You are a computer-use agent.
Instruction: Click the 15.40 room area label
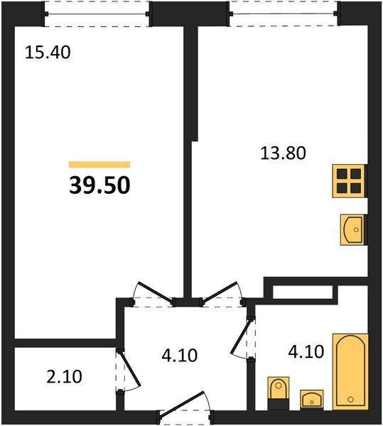49,52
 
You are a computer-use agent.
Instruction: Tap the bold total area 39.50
99,185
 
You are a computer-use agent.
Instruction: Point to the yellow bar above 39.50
99,164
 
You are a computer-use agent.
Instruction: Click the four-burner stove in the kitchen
350,181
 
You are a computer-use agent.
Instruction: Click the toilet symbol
277,392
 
